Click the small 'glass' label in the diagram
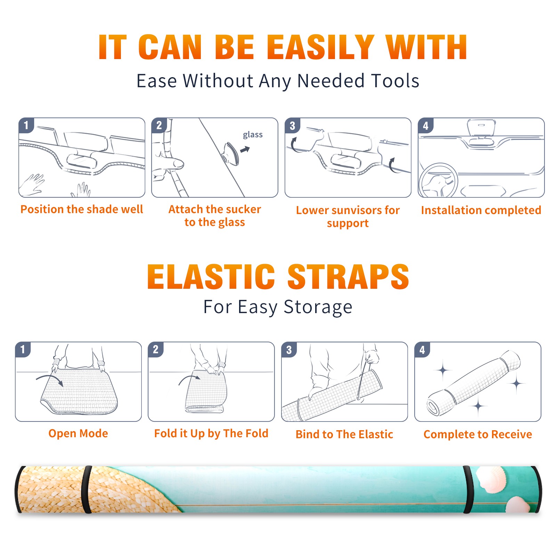(253, 135)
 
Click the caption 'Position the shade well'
(82, 209)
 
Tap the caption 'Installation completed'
(481, 210)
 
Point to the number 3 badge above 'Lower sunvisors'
(292, 125)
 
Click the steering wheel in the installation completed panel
(438, 181)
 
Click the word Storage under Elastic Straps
(318, 307)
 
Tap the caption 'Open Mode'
(78, 433)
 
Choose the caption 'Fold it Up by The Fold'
(211, 434)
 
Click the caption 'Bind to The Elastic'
(344, 434)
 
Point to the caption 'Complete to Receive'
(478, 434)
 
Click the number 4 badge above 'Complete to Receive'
(422, 350)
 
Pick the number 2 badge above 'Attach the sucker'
(159, 125)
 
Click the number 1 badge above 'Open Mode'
(23, 350)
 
